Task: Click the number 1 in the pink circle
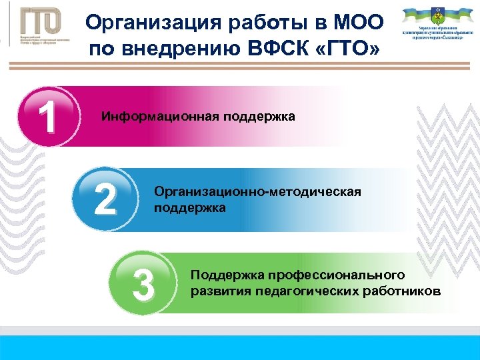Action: click(x=46, y=117)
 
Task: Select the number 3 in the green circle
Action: click(x=143, y=282)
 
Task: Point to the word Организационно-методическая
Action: click(x=257, y=192)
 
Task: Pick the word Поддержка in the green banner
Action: click(x=219, y=275)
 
